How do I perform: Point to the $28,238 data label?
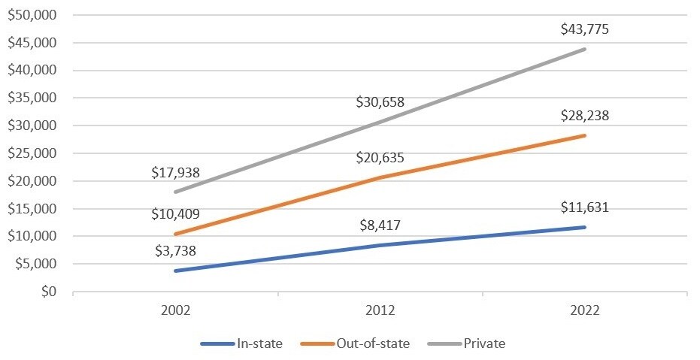tap(585, 116)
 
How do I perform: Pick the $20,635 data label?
tap(380, 158)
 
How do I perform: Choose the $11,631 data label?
tap(585, 207)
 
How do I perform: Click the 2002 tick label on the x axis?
tap(175, 310)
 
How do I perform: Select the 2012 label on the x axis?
tap(380, 310)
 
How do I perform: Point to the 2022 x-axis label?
tap(585, 310)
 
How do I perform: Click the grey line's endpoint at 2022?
tap(585, 50)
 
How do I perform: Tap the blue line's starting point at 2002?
tap(176, 271)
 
